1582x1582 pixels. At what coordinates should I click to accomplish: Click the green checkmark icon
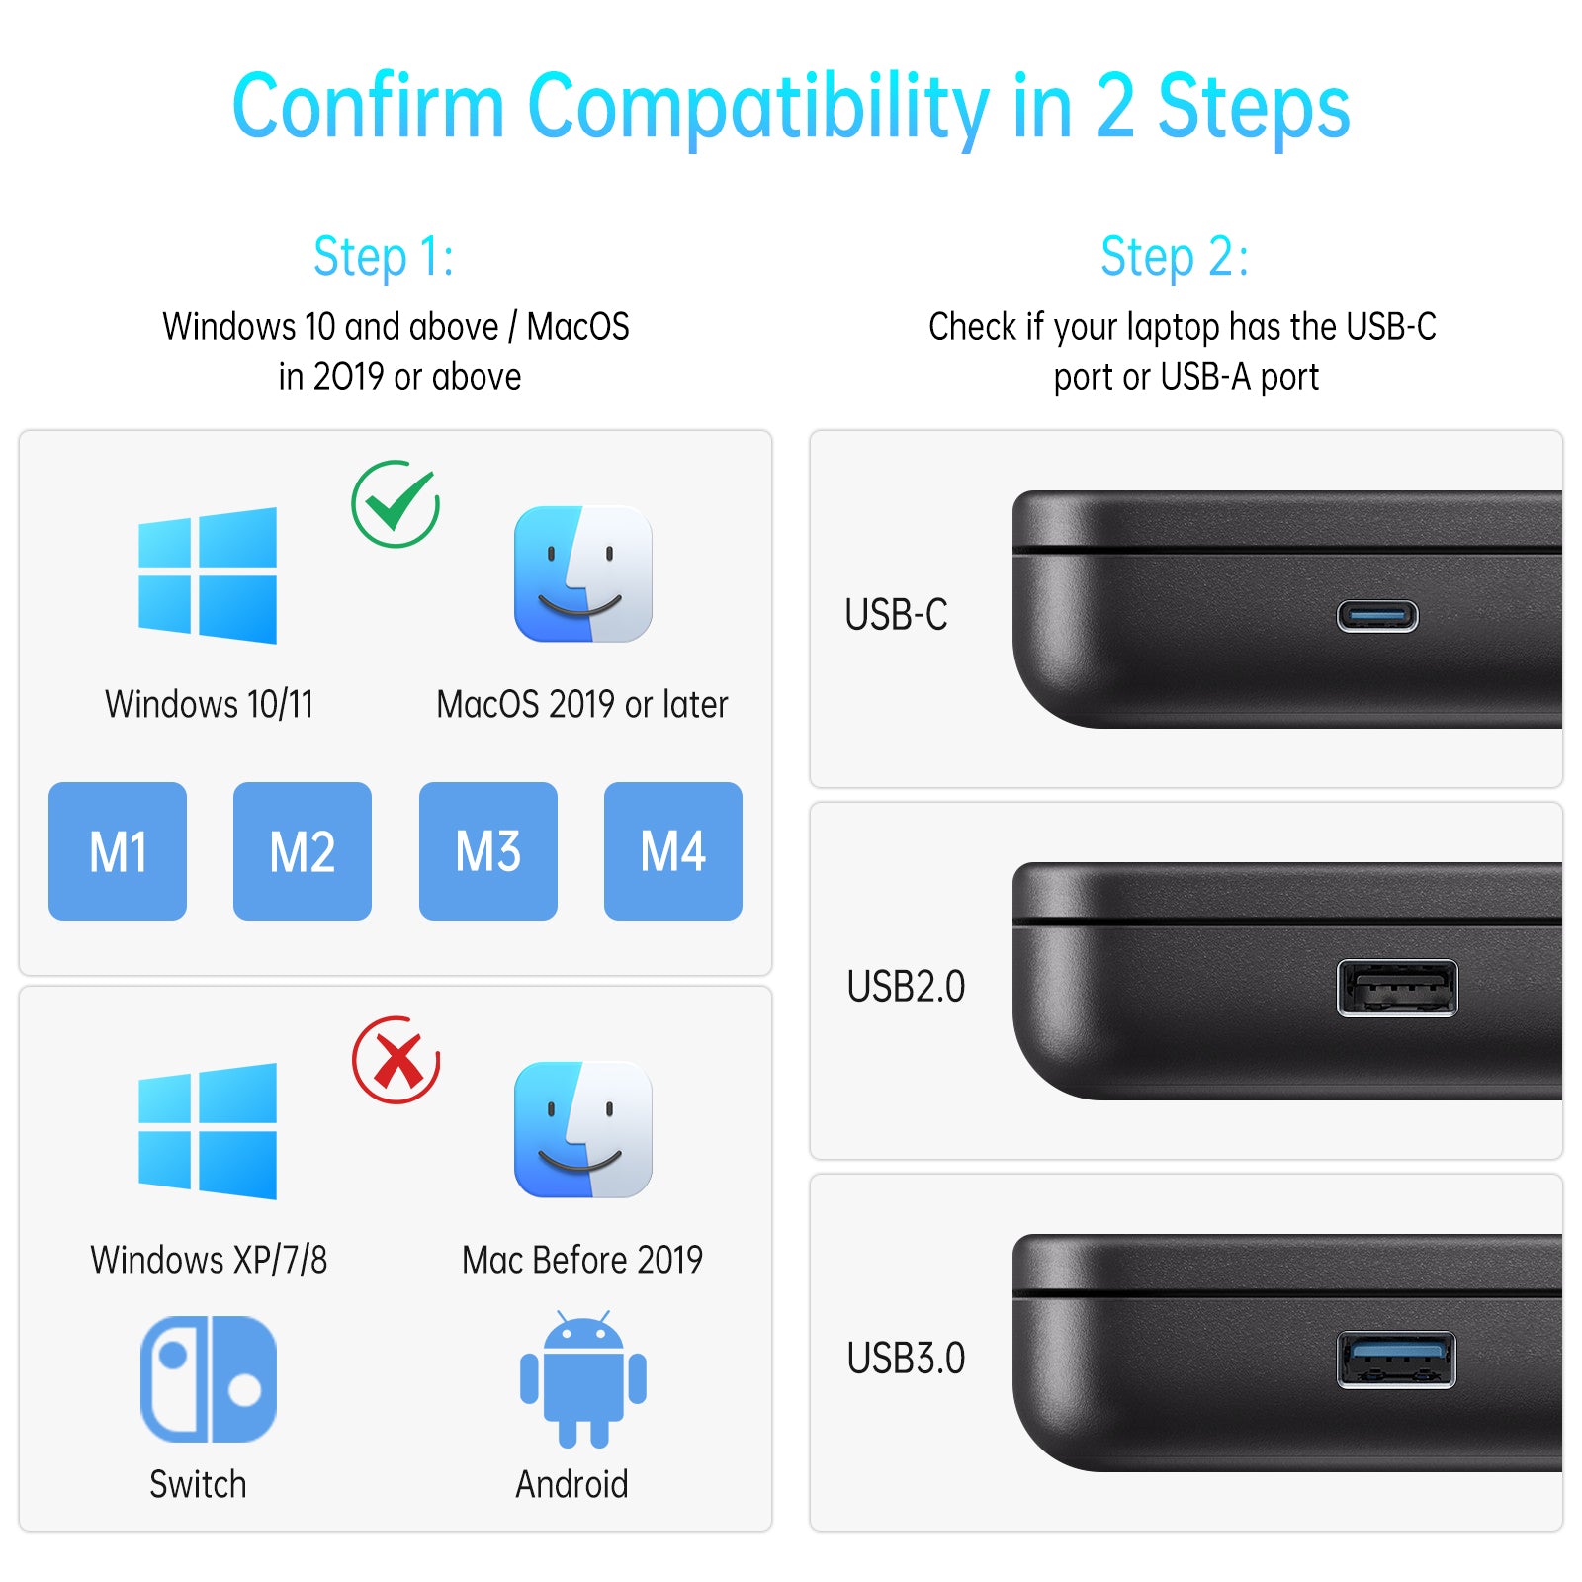pyautogui.click(x=395, y=504)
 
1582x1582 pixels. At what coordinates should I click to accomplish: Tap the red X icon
pyautogui.click(x=395, y=1060)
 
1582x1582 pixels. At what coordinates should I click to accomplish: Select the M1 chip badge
pyautogui.click(x=118, y=851)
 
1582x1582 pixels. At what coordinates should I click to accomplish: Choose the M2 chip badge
pyautogui.click(x=303, y=851)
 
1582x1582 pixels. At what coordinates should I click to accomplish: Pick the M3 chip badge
pyautogui.click(x=488, y=851)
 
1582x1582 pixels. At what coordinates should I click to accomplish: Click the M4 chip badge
pyautogui.click(x=673, y=851)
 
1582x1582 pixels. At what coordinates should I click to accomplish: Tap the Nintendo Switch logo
pyautogui.click(x=209, y=1378)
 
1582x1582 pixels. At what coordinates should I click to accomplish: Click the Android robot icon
pyautogui.click(x=583, y=1379)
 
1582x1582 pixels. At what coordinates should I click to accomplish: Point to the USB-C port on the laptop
pyautogui.click(x=1377, y=616)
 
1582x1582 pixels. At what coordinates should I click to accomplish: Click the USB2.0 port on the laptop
pyautogui.click(x=1397, y=988)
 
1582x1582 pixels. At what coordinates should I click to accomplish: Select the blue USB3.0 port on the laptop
pyautogui.click(x=1397, y=1360)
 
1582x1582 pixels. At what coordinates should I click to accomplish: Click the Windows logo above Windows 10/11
pyautogui.click(x=208, y=575)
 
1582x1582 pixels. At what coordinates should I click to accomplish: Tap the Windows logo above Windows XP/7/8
pyautogui.click(x=208, y=1131)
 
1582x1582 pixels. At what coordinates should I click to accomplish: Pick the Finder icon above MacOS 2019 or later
pyautogui.click(x=583, y=574)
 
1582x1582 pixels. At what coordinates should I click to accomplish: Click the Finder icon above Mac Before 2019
pyautogui.click(x=583, y=1130)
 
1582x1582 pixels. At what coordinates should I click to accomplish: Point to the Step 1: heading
pyautogui.click(x=384, y=257)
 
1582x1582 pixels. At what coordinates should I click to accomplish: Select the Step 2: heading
pyautogui.click(x=1175, y=257)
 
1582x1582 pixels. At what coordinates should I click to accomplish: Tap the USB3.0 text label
pyautogui.click(x=906, y=1359)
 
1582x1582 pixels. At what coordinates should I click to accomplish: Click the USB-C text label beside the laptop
pyautogui.click(x=896, y=614)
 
